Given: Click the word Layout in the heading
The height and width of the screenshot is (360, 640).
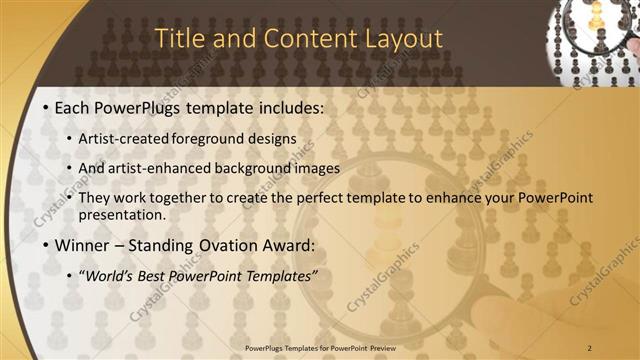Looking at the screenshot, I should tap(397, 39).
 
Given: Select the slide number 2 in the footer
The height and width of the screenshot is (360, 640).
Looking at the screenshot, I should tap(590, 347).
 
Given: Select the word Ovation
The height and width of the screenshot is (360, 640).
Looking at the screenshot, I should tap(228, 244).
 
